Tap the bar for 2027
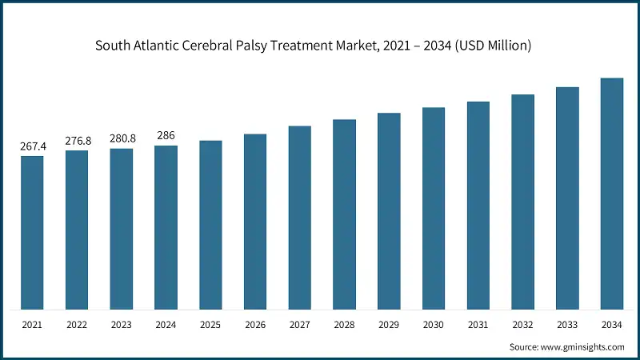point(300,218)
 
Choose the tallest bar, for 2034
point(612,194)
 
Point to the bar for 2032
point(522,202)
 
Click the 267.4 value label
point(32,146)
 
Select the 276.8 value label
point(78,141)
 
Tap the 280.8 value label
point(122,138)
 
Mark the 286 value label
point(166,136)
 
